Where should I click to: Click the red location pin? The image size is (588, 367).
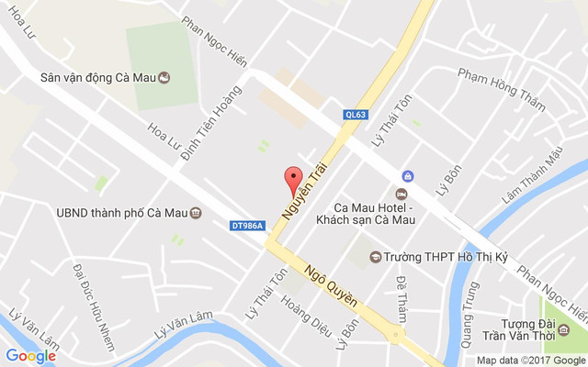[293, 177]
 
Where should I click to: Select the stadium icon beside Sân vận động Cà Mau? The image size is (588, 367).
[164, 78]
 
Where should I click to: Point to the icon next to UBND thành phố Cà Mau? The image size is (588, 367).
[196, 213]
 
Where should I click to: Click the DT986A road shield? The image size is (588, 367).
[247, 225]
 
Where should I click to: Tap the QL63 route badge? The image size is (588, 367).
[356, 115]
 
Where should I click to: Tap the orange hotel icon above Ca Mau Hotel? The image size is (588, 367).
[401, 194]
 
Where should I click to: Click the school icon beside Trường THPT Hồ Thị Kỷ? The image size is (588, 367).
[375, 257]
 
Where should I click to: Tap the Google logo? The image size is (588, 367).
[31, 356]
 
